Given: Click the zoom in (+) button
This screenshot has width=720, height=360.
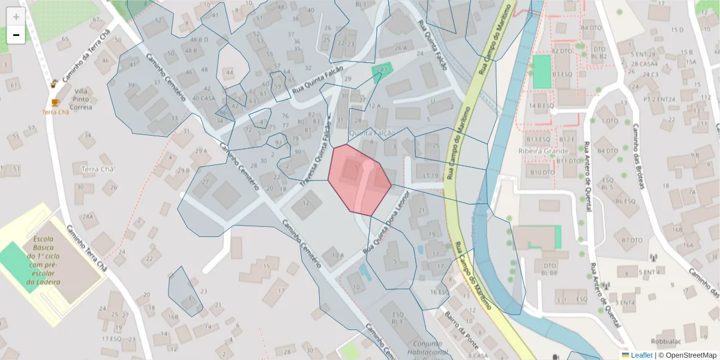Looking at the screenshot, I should click(x=16, y=17).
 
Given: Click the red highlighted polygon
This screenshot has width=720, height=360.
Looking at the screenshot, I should click(x=359, y=179).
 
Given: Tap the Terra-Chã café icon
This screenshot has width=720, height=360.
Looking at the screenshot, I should click(x=55, y=103).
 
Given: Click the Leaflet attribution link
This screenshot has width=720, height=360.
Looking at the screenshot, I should click(x=641, y=355).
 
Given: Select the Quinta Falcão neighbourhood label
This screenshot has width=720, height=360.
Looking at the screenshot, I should click(x=372, y=133).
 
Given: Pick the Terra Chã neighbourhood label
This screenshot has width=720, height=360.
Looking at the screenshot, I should click(x=97, y=169).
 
